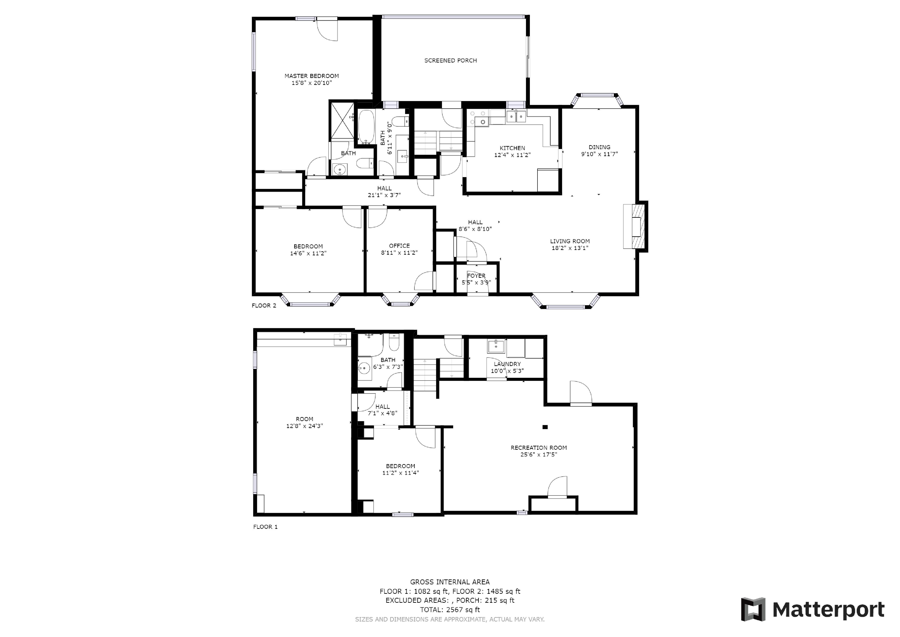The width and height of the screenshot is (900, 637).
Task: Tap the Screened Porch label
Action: pyautogui.click(x=450, y=60)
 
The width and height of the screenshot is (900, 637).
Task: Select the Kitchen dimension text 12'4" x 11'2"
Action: pyautogui.click(x=512, y=155)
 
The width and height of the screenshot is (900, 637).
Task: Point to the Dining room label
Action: pyautogui.click(x=599, y=147)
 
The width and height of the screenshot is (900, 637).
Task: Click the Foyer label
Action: pyautogui.click(x=476, y=276)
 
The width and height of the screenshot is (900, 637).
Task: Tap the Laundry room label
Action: pyautogui.click(x=507, y=364)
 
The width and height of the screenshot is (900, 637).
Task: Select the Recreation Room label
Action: pyautogui.click(x=539, y=448)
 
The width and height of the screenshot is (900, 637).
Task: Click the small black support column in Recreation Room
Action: pyautogui.click(x=545, y=427)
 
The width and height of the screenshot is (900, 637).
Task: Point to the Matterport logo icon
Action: pyautogui.click(x=753, y=609)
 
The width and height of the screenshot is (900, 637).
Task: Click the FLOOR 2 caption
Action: pyautogui.click(x=264, y=306)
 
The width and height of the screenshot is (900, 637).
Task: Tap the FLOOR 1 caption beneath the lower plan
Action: pyautogui.click(x=265, y=527)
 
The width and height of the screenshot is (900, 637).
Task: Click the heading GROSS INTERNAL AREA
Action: pyautogui.click(x=450, y=582)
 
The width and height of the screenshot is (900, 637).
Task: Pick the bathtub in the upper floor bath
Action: pyautogui.click(x=367, y=127)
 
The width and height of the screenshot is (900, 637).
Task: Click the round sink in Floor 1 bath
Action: pyautogui.click(x=364, y=368)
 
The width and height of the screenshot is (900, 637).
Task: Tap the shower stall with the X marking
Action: pyautogui.click(x=342, y=121)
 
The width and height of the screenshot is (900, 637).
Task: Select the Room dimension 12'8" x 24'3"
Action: pyautogui.click(x=305, y=426)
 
